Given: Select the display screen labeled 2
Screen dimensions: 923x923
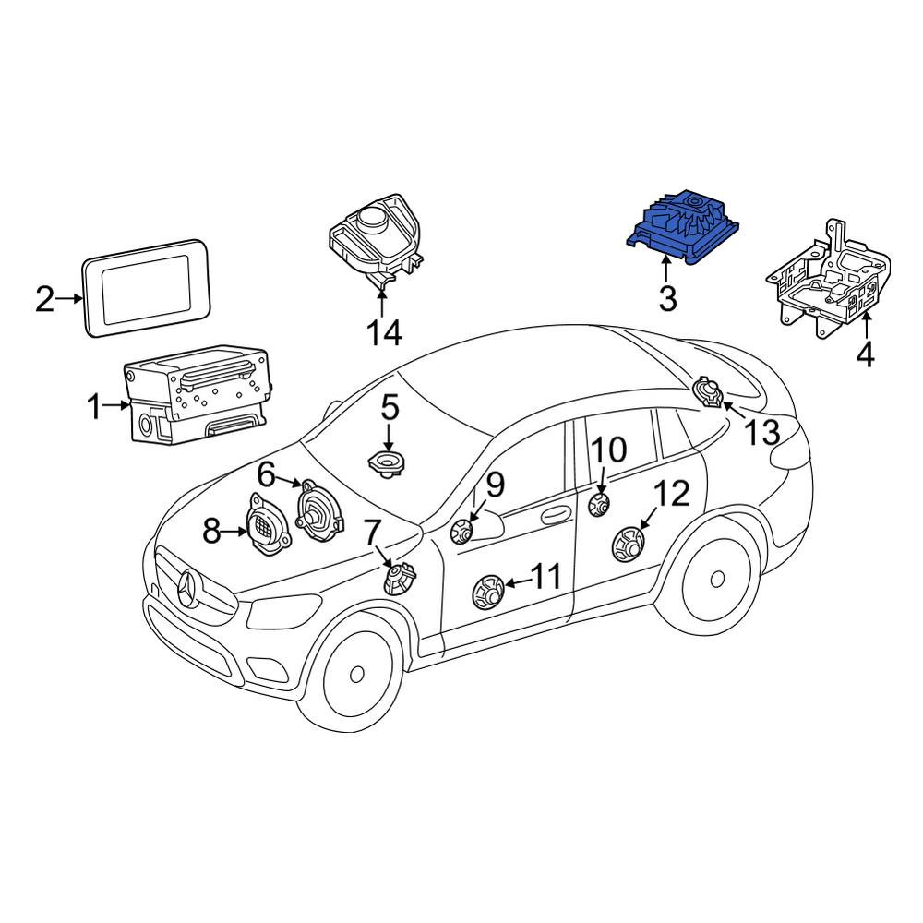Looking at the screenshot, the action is coord(146,288).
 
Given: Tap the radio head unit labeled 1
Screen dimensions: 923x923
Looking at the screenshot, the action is coord(198,393).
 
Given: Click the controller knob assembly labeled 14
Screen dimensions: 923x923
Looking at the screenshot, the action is coord(376,239).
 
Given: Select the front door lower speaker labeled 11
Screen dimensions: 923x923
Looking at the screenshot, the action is coord(490,592).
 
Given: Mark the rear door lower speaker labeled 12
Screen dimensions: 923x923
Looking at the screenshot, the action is coord(628,544).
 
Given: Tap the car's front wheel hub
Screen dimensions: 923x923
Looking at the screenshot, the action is coord(356,674).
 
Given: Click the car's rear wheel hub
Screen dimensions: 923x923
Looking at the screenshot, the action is coord(717,580).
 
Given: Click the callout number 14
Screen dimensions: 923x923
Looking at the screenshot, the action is coord(384,333).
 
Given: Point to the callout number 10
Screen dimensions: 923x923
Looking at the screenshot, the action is coord(608,450).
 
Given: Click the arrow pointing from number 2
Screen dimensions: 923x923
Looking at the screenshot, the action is coord(69,298).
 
